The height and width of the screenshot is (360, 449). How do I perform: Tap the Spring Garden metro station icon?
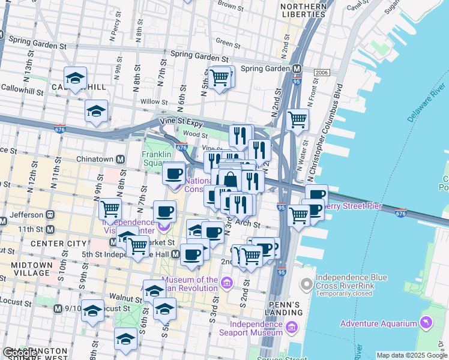click(x=297, y=68)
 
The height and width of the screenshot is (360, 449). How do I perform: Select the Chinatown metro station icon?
click(x=120, y=160)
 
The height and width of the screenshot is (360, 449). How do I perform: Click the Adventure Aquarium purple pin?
click(x=426, y=323)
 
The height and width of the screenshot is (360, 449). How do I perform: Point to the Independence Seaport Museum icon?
click(x=291, y=328)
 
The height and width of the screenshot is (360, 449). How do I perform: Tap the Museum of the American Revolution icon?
click(x=226, y=283)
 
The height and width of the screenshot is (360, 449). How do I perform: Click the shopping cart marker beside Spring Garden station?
click(x=220, y=77)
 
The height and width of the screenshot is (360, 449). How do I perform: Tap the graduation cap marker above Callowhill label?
click(x=76, y=78)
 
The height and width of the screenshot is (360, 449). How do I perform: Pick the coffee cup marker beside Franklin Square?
click(x=174, y=174)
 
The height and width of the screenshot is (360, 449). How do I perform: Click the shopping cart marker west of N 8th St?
click(x=110, y=209)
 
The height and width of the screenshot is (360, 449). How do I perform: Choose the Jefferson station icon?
click(x=51, y=214)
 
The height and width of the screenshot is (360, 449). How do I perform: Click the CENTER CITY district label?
click(x=30, y=244)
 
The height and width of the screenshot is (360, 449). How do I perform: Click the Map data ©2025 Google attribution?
click(x=411, y=355)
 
